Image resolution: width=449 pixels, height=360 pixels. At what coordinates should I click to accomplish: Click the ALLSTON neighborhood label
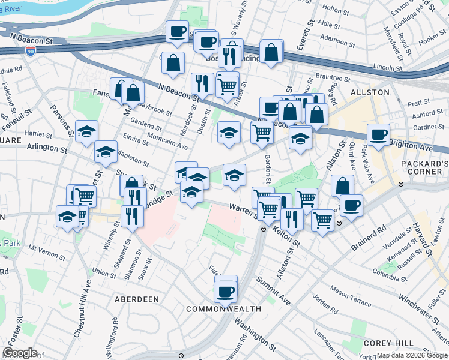(x=373, y=92)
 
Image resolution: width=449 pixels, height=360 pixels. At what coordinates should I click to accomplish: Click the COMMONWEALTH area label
(x=223, y=309)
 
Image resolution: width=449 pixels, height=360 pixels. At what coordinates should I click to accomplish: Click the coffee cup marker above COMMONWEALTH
(x=226, y=292)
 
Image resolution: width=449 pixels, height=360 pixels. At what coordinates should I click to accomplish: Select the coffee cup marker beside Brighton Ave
(x=378, y=136)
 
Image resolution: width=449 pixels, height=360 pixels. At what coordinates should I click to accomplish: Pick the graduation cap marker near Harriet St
(x=86, y=131)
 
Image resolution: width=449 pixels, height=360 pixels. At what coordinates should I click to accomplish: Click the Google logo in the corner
(x=20, y=352)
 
